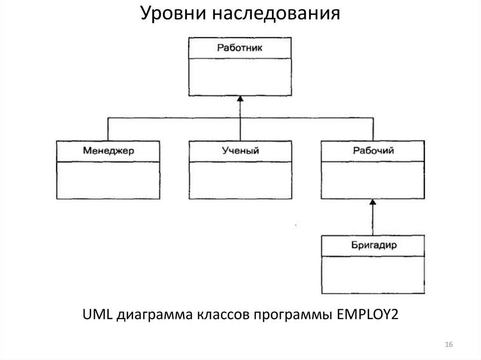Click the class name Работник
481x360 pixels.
[240, 47]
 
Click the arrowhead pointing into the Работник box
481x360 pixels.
[240, 99]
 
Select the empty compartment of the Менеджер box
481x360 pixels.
[109, 180]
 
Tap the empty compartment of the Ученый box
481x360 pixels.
[240, 180]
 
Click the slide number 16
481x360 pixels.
[448, 345]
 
